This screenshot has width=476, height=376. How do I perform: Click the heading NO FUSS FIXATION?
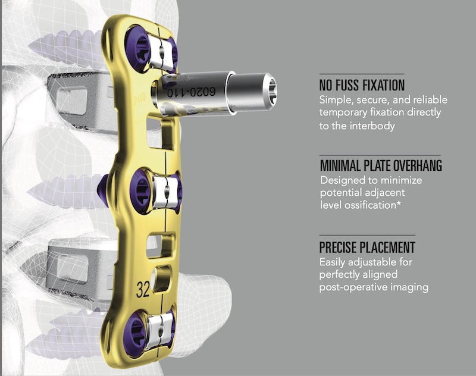[x=362, y=85]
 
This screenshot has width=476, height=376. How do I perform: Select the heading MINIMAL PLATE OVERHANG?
[x=381, y=166]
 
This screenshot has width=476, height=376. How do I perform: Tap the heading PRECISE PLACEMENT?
[x=367, y=247]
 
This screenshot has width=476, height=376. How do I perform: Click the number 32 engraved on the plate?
[x=143, y=290]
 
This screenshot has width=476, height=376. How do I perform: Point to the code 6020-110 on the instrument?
[x=191, y=92]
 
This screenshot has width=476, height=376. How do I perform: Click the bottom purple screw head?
[x=136, y=333]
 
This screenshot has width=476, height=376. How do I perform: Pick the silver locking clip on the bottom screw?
[x=159, y=330]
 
